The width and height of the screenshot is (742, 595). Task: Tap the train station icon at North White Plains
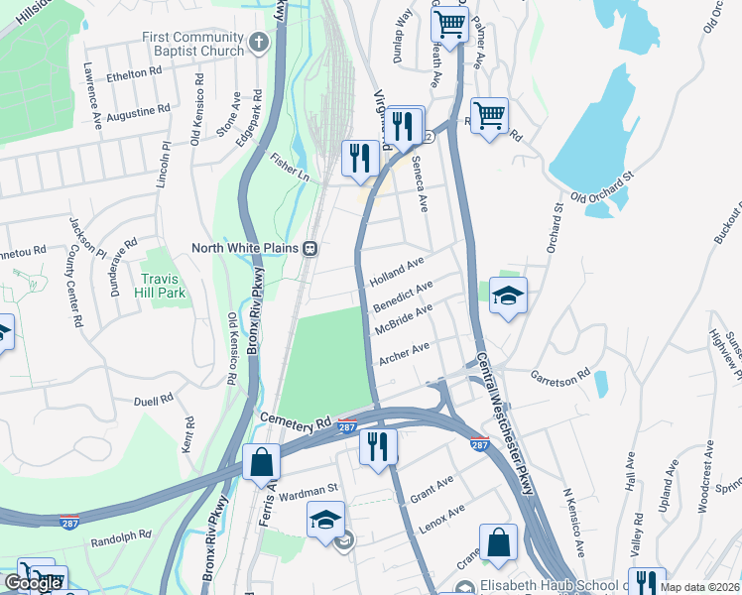pos(309,249)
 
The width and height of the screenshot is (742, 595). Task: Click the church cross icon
pos(259,43)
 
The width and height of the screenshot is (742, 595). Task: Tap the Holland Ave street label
pos(397,270)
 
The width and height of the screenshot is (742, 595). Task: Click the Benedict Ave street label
pos(402,295)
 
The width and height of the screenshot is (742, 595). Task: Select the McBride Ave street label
pos(403,319)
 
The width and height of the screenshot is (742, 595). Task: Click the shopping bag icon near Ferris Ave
pos(260,462)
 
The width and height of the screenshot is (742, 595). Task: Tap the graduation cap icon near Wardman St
pos(326,520)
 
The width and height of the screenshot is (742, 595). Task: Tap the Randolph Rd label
pos(120,535)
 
